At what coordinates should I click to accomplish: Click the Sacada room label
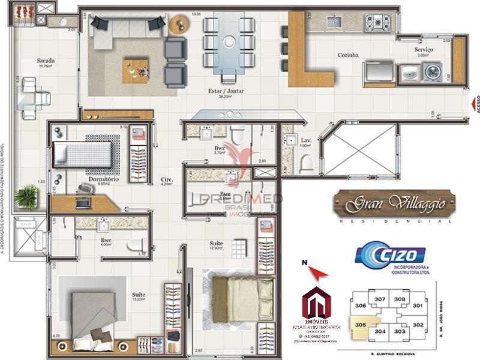[46, 61]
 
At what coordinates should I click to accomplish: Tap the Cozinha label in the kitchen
[347, 55]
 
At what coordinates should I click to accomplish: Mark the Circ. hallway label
[167, 179]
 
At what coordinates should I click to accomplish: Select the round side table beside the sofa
[178, 25]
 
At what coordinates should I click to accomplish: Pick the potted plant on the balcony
[27, 195]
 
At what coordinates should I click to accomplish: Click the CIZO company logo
[391, 254]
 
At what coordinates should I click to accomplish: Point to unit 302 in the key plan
[418, 325]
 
